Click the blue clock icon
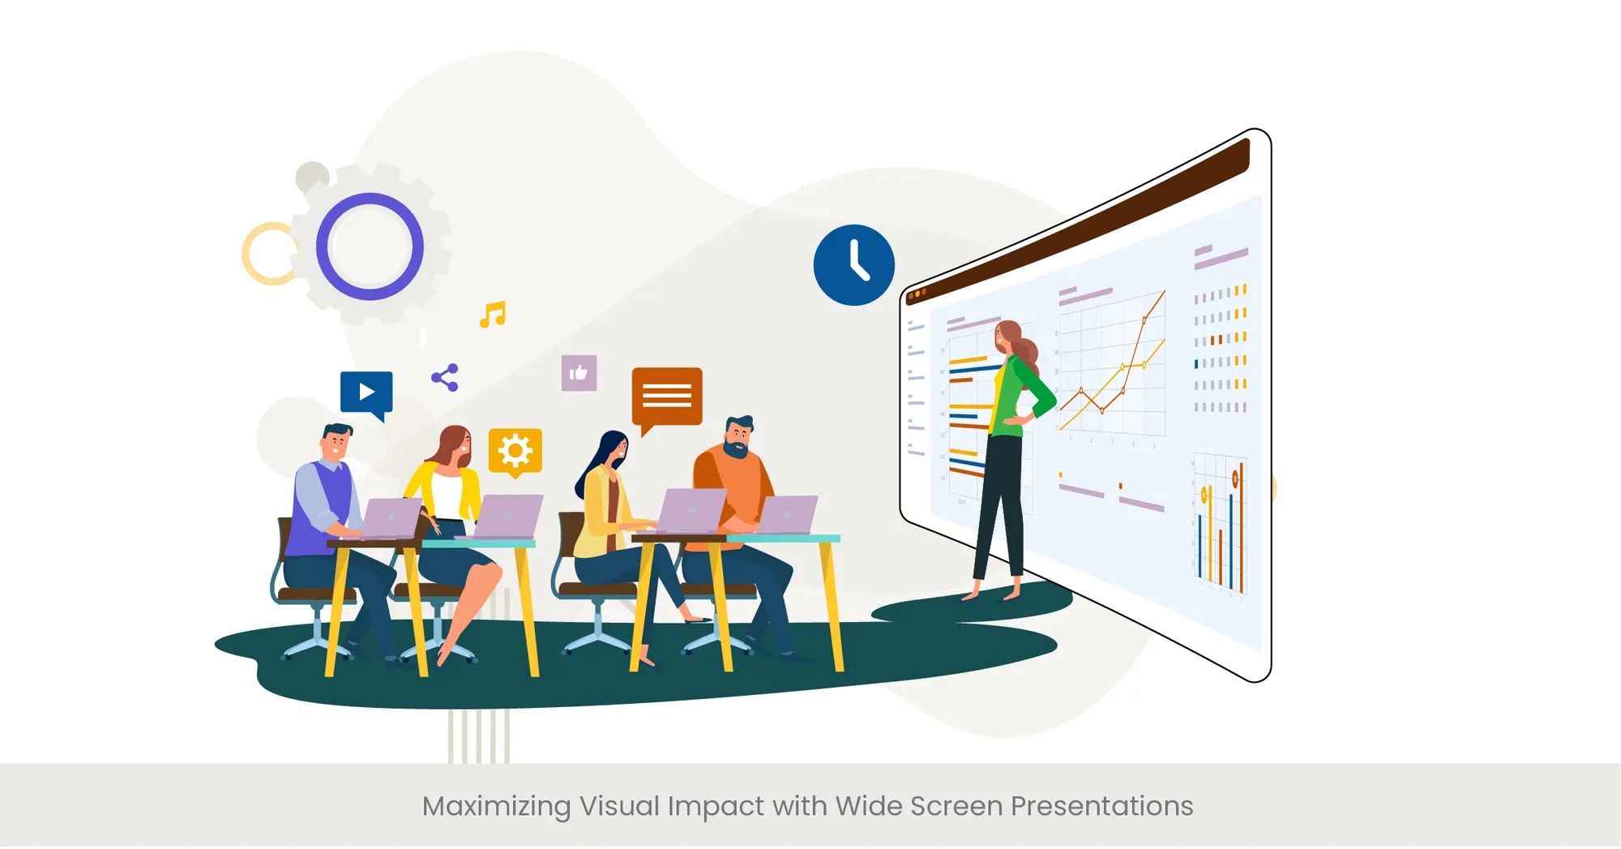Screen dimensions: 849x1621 (x=853, y=265)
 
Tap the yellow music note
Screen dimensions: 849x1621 (x=493, y=315)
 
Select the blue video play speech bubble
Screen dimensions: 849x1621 (x=366, y=392)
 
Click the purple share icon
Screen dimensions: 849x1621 (x=445, y=378)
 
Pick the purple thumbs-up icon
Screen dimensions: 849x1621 (x=579, y=373)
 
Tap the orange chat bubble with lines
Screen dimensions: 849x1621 (x=667, y=396)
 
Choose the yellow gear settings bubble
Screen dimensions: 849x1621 (x=515, y=451)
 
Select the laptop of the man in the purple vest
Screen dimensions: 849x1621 (x=391, y=518)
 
